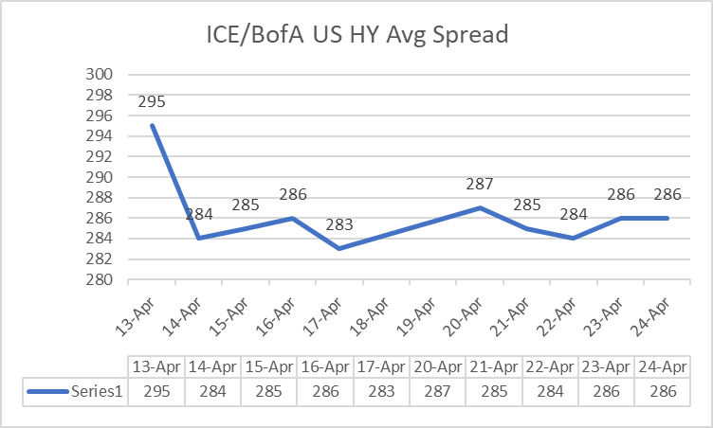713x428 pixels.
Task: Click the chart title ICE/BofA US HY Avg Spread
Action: [357, 36]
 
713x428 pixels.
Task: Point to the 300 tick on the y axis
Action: [100, 75]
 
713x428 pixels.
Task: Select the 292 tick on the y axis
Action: [100, 157]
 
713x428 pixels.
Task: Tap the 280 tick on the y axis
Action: [100, 280]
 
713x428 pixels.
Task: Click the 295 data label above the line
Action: [153, 101]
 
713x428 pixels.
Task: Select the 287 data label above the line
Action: [481, 184]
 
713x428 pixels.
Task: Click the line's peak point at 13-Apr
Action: [153, 126]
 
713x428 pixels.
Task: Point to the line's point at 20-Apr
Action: [481, 207]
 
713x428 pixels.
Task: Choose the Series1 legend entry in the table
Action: [76, 391]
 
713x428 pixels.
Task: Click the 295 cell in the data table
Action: [156, 391]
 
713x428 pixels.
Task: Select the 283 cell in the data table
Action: [382, 391]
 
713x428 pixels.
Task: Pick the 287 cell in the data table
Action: [438, 391]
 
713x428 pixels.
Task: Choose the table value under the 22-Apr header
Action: [551, 391]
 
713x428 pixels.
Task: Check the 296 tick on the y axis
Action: [100, 116]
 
